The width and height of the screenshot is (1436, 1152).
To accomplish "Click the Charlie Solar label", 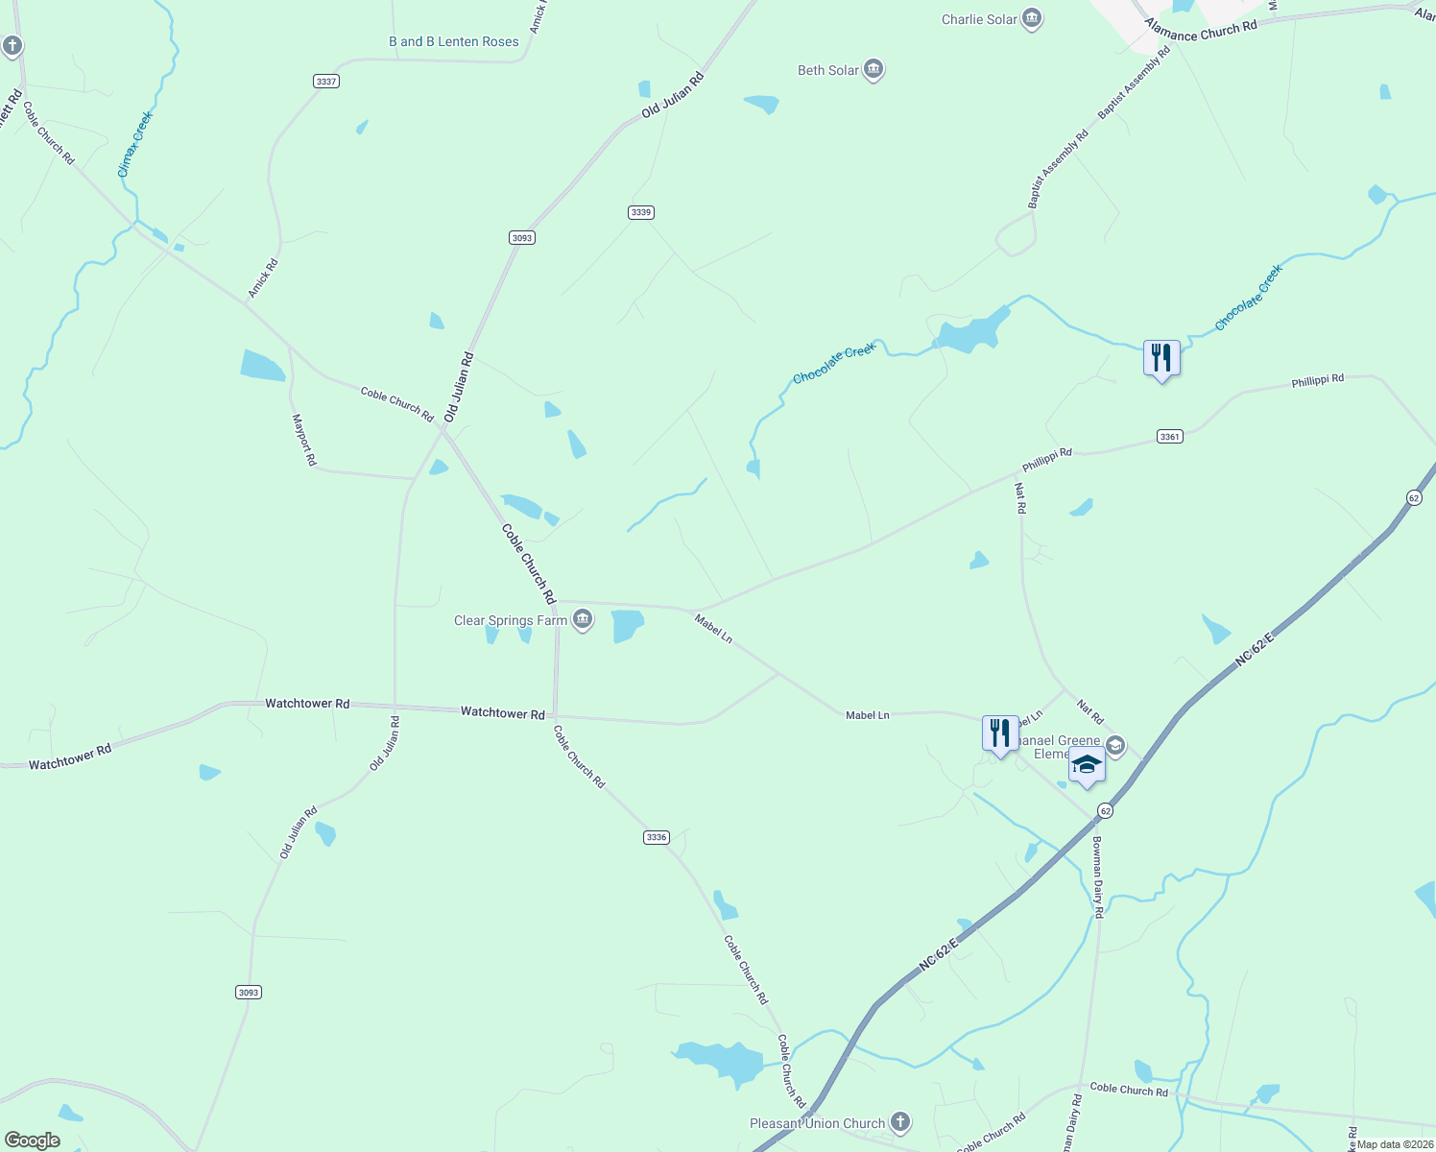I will click(979, 19).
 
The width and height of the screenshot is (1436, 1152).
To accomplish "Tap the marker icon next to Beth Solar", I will click(874, 69).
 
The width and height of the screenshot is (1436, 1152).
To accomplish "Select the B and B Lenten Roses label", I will click(453, 41).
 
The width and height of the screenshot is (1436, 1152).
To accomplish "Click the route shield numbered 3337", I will click(326, 82).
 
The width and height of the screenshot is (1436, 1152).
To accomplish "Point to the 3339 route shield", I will click(641, 212).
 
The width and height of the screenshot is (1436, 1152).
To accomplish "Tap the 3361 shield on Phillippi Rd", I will click(1169, 437).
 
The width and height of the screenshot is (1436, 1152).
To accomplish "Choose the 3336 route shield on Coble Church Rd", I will click(656, 837).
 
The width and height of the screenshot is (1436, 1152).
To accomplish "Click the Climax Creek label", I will click(135, 144).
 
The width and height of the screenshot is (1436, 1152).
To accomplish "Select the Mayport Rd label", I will click(304, 440).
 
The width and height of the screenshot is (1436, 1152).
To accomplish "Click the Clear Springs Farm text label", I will click(511, 620).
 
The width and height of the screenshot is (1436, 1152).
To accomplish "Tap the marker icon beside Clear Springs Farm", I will click(583, 620).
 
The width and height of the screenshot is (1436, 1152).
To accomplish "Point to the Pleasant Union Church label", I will click(817, 1123).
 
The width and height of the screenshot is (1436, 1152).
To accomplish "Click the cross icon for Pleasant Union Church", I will click(900, 1121).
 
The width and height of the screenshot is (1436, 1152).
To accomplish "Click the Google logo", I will click(33, 1140).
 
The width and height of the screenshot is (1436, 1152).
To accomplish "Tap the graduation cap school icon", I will click(1087, 765).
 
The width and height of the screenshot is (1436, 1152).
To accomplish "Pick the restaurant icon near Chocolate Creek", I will click(1161, 358).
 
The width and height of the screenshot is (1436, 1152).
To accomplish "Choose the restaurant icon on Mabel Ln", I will click(1000, 733).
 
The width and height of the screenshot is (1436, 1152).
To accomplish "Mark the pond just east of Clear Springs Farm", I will click(626, 625).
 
